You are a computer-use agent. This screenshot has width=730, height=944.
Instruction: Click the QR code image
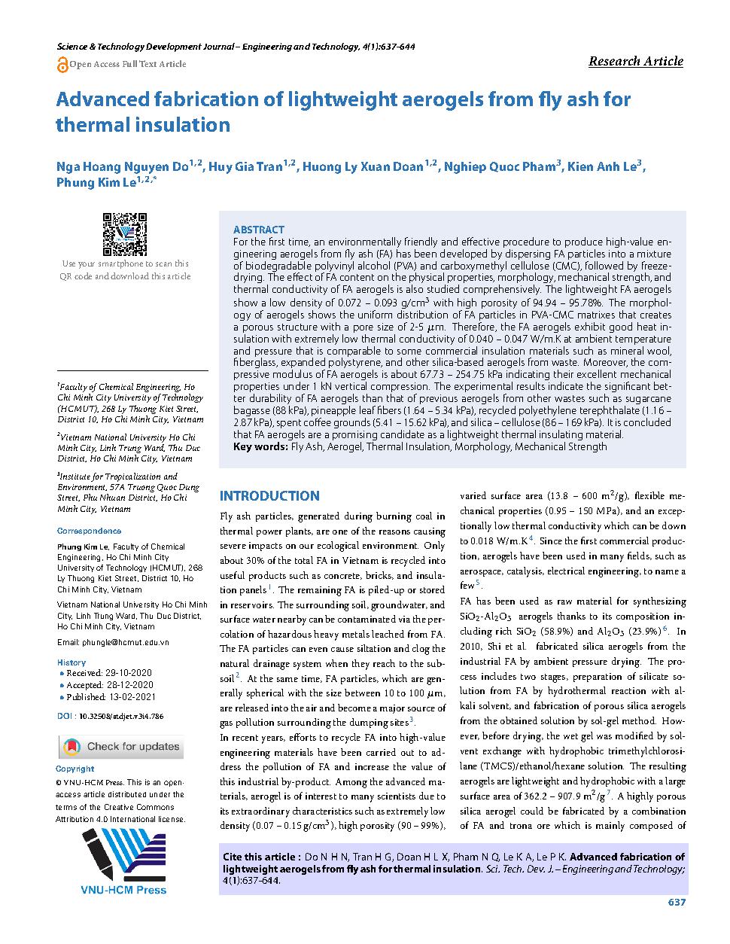(124, 234)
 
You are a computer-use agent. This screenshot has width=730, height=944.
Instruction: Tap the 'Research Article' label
(635, 61)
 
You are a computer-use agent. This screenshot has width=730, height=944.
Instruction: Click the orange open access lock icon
(62, 65)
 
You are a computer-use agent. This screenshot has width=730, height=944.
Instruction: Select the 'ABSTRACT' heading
(259, 230)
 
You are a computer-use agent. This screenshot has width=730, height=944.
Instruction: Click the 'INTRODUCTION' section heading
(269, 496)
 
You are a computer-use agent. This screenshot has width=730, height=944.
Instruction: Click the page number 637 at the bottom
(676, 903)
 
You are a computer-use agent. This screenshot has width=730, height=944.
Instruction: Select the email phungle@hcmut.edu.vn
(113, 642)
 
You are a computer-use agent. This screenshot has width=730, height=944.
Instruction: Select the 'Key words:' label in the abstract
(260, 446)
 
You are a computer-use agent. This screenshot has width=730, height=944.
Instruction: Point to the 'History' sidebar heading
(71, 662)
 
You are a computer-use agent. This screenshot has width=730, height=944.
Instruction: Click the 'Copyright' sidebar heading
(75, 769)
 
